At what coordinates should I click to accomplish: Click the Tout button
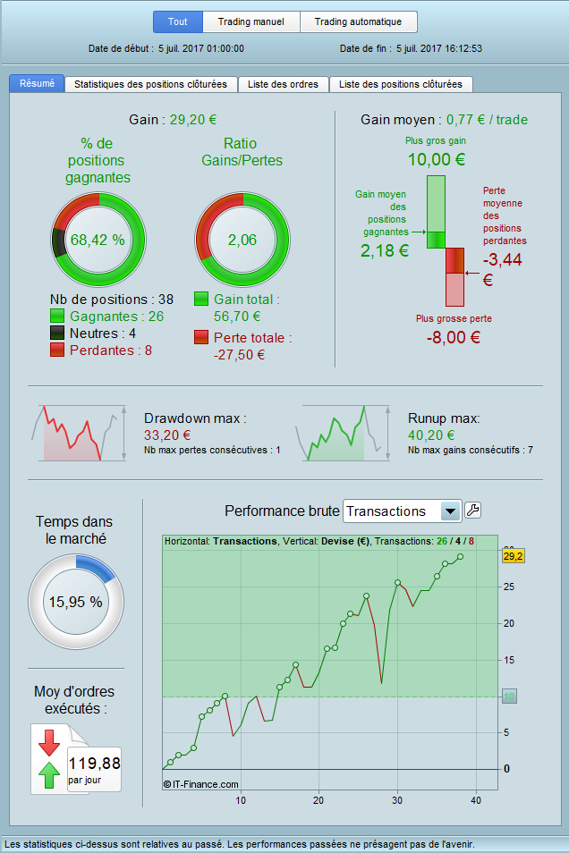coord(178,21)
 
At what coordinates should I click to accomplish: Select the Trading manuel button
coord(251,21)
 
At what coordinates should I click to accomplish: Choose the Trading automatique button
coord(358,21)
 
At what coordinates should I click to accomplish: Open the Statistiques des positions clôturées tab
coord(150,84)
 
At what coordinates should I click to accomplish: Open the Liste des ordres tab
coord(283,84)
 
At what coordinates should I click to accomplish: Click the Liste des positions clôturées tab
coord(401,84)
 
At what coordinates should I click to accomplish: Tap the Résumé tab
coord(37,83)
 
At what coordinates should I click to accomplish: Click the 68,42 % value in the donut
coord(98,240)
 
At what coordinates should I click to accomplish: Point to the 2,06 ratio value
coord(242,240)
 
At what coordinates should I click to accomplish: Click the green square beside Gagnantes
coord(57,316)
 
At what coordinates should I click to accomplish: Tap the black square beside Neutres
coord(57,333)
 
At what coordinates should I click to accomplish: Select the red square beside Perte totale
coord(202,338)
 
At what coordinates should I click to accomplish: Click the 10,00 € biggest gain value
coord(436,160)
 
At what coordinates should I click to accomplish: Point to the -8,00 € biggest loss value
coord(452,337)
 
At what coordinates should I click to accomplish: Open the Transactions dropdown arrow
coord(451,511)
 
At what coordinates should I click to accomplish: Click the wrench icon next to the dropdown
coord(473,511)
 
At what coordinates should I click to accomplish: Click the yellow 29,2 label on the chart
coord(513,556)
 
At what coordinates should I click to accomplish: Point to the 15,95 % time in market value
coord(76,602)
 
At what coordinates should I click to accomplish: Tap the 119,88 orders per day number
coord(94,764)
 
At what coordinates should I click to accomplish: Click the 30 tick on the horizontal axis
coord(396,799)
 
